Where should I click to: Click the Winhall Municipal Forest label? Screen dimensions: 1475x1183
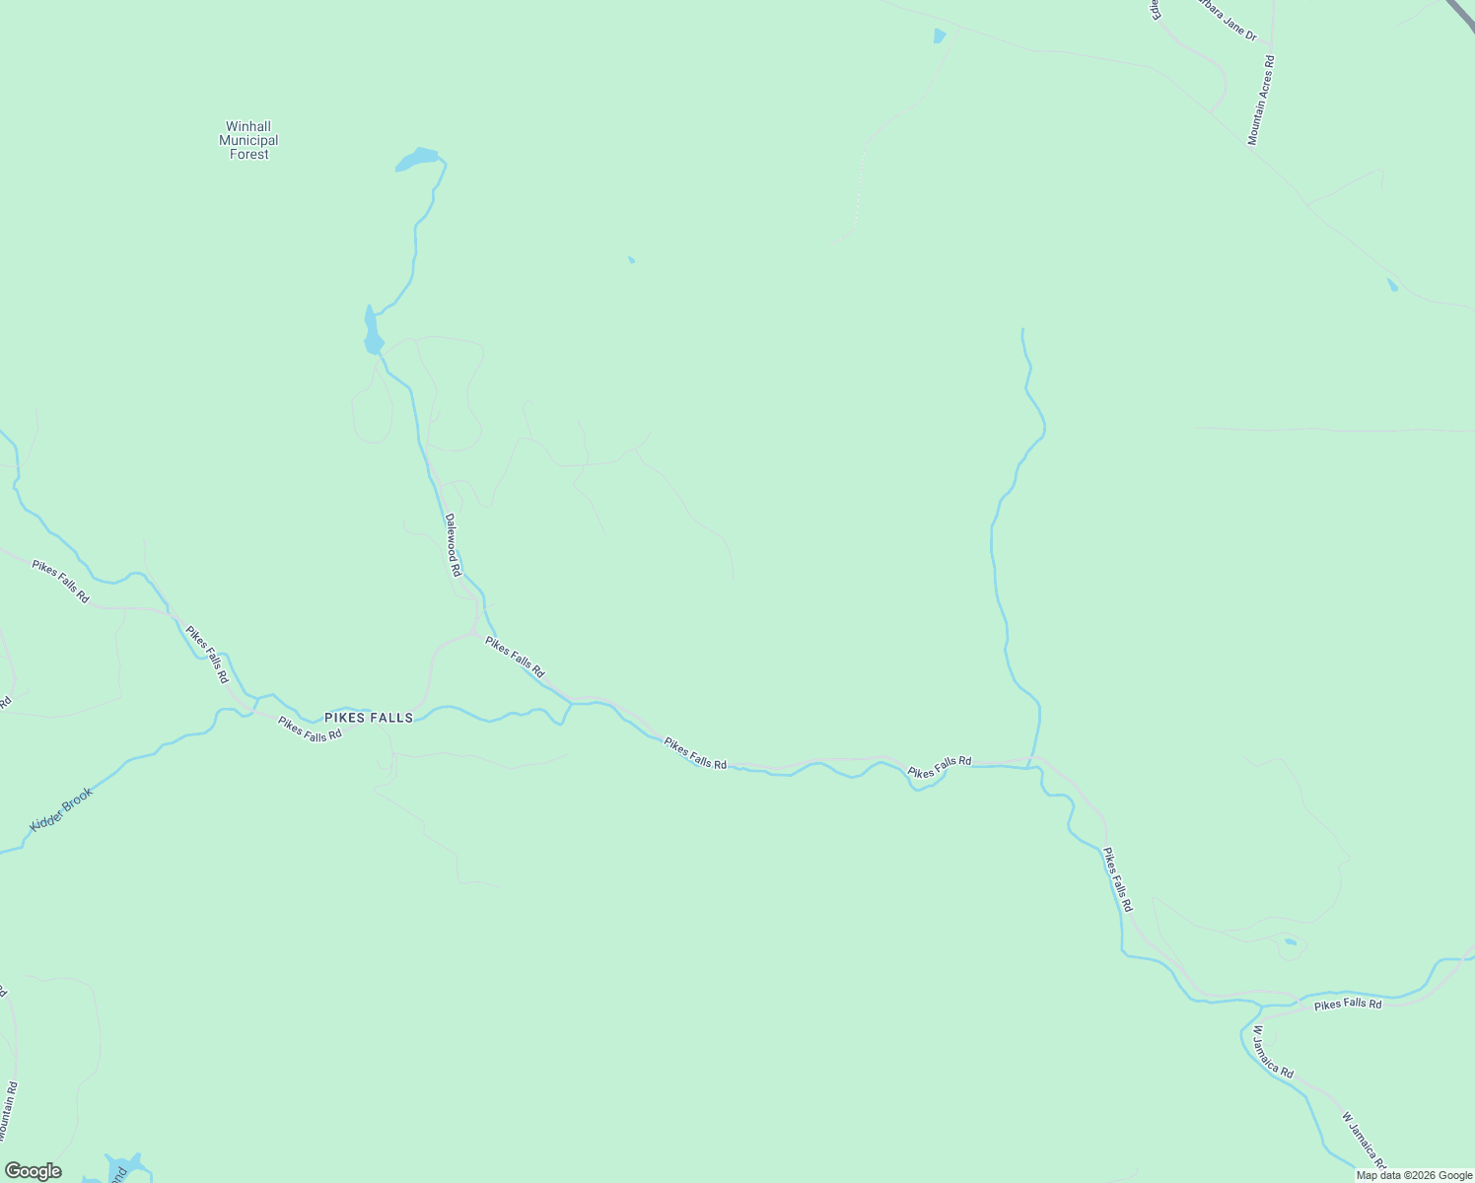[248, 140]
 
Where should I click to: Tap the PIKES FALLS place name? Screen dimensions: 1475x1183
[369, 718]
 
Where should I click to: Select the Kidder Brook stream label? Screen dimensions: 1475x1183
[61, 808]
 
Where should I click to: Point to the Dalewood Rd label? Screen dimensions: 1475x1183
[453, 544]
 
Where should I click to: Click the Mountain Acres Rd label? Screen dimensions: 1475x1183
[1261, 101]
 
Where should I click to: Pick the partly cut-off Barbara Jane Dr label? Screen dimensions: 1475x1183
[1228, 22]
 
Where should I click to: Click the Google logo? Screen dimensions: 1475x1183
[33, 1171]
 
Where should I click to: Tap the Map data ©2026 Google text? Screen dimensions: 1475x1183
[1414, 1175]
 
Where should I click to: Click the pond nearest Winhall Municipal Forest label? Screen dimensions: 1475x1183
[418, 159]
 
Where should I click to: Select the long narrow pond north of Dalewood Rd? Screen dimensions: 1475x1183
[372, 331]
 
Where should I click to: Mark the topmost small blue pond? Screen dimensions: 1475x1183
[939, 36]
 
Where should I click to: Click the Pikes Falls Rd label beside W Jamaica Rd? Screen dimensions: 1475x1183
[1348, 1005]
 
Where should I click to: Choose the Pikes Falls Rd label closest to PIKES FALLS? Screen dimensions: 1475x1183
[310, 729]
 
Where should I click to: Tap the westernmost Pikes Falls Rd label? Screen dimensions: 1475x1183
[60, 582]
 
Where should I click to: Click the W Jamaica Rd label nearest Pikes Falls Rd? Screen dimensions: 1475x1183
[1272, 1052]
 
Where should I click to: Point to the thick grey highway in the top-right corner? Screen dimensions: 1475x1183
[1459, 15]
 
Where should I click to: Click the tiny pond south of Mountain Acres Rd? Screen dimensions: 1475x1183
[1392, 285]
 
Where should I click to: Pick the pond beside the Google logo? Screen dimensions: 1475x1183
[125, 1165]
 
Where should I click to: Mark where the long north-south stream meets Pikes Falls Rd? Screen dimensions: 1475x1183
[1029, 763]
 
